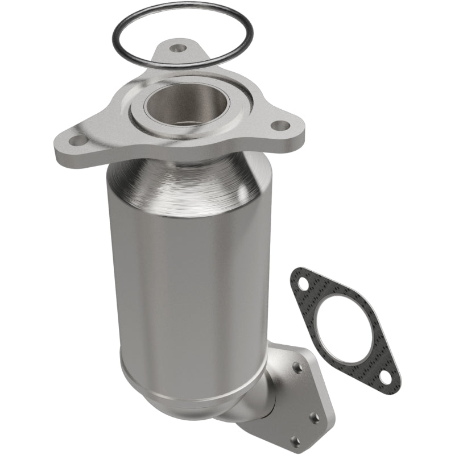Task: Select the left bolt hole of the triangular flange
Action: pyautogui.click(x=79, y=139)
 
